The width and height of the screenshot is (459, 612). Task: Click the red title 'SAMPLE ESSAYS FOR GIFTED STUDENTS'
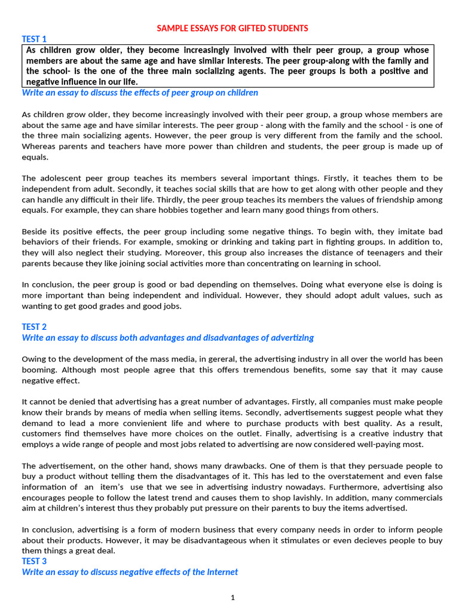click(x=232, y=28)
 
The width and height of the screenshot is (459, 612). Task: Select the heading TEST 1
click(x=34, y=39)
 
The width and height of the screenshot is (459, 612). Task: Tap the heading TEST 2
click(x=34, y=327)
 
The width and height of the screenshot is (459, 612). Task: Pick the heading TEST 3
click(x=34, y=561)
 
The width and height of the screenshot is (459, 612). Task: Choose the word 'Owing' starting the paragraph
click(x=34, y=359)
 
